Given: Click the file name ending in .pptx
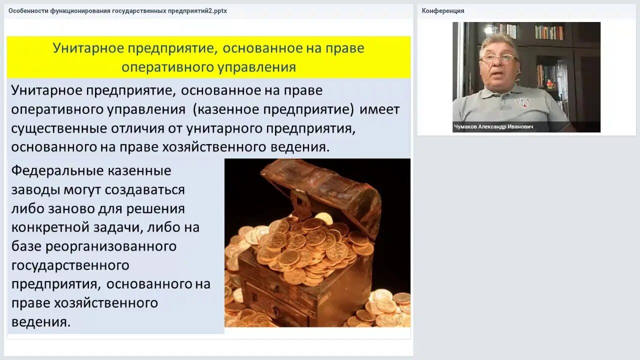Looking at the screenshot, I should [117, 10].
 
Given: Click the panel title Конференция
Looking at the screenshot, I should [443, 10].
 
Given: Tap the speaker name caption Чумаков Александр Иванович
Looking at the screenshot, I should [493, 127].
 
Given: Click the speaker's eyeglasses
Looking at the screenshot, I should [498, 58].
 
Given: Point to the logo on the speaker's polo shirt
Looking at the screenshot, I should [522, 101].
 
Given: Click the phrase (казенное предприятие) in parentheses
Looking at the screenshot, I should [275, 109].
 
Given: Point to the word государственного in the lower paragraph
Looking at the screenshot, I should [70, 265].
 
